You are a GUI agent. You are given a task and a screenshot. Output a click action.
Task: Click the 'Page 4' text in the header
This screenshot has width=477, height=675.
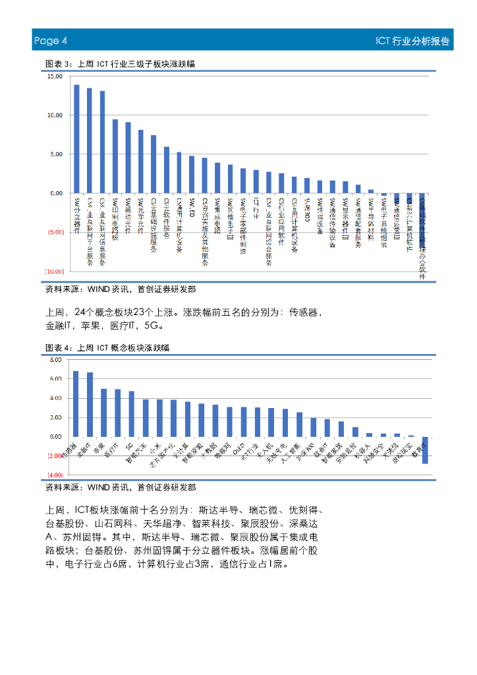pyautogui.click(x=51, y=41)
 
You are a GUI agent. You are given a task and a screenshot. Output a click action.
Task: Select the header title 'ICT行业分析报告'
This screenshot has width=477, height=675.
pyautogui.click(x=412, y=41)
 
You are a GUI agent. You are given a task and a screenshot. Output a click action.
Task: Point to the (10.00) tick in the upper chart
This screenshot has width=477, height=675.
pyautogui.click(x=54, y=272)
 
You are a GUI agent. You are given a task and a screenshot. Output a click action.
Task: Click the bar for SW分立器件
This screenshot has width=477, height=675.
pyautogui.click(x=76, y=139)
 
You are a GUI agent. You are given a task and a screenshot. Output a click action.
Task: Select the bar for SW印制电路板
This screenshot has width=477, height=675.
pyautogui.click(x=115, y=156)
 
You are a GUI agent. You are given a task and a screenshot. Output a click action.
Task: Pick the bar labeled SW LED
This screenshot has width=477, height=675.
pyautogui.click(x=191, y=175)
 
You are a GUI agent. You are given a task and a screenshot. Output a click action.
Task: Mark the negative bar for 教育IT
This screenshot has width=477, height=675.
pyautogui.click(x=425, y=450)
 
